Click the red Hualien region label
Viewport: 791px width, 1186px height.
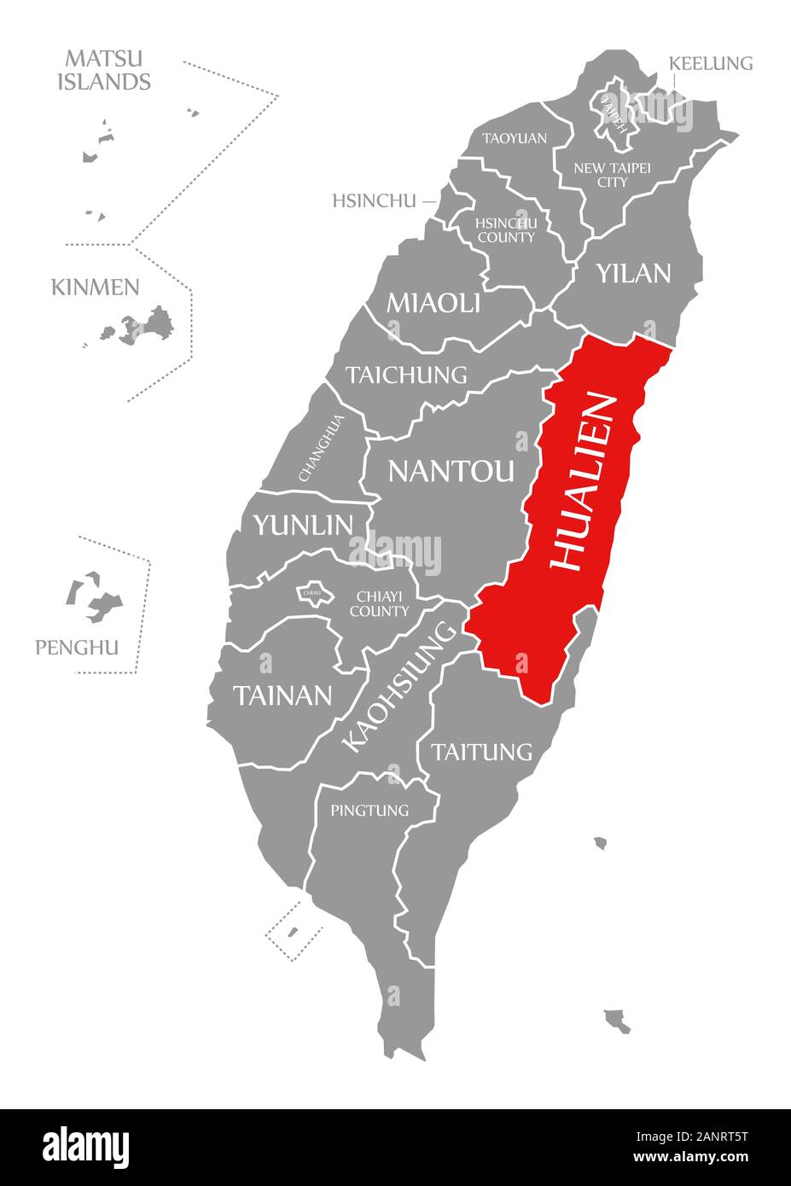(x=583, y=482)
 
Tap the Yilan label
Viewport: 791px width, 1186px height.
(x=633, y=274)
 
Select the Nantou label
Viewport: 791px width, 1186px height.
(x=451, y=471)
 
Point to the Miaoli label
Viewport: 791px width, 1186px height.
(x=433, y=303)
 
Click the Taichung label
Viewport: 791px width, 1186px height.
(x=406, y=375)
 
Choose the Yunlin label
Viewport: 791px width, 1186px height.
(x=302, y=525)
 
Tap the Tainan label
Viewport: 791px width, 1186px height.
(x=282, y=695)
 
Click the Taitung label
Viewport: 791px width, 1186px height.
(x=481, y=752)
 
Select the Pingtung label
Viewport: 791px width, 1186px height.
(x=369, y=810)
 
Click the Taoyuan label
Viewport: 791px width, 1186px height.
(x=515, y=138)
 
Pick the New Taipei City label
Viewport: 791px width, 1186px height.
(x=612, y=175)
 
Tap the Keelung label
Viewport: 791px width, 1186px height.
(x=711, y=63)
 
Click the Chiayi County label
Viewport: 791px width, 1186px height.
(x=379, y=603)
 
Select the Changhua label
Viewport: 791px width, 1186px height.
(x=322, y=448)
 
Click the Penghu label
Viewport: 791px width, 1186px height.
(x=77, y=648)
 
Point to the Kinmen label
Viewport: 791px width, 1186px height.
(x=95, y=287)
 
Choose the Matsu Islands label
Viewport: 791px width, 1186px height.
(x=104, y=70)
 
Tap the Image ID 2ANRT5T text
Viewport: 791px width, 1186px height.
(x=695, y=1136)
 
